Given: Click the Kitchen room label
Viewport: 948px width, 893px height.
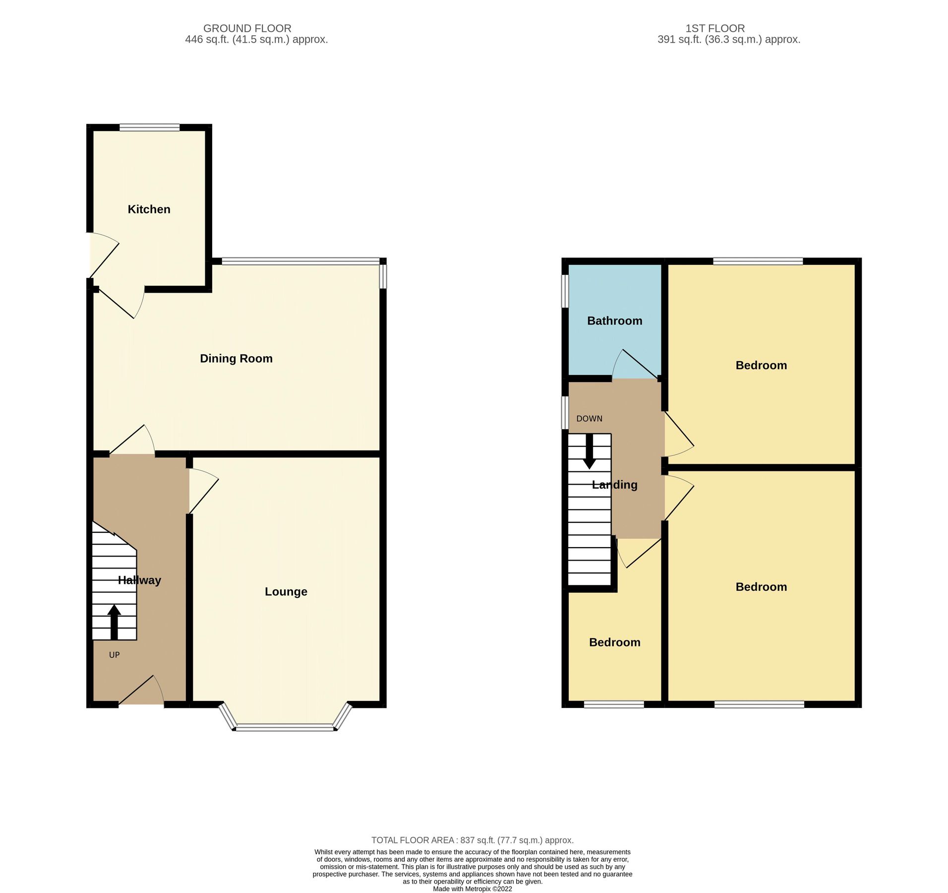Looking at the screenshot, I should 149,209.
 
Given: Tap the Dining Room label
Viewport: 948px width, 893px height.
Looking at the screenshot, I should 236,359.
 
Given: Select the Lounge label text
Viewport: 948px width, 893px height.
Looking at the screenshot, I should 286,591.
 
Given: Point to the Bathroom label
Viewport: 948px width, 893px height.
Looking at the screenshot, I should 614,321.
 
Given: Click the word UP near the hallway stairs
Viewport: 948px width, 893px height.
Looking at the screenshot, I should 114,655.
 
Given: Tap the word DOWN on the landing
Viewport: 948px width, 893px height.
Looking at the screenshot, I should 589,419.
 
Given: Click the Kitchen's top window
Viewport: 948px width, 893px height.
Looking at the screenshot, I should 149,128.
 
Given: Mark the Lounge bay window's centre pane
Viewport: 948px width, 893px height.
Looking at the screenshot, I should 285,728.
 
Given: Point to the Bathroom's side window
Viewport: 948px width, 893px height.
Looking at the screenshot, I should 565,291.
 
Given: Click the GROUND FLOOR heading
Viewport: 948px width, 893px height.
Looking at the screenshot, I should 247,28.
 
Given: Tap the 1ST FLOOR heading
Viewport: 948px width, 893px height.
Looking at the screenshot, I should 715,28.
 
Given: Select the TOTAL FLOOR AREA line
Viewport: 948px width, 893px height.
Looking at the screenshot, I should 472,840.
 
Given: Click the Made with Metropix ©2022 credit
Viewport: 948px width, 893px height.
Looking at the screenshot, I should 472,889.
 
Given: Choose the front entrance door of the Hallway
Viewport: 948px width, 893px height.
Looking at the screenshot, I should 141,695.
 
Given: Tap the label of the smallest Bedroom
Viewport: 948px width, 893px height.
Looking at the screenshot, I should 614,642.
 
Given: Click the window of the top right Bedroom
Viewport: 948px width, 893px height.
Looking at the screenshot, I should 758,261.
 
